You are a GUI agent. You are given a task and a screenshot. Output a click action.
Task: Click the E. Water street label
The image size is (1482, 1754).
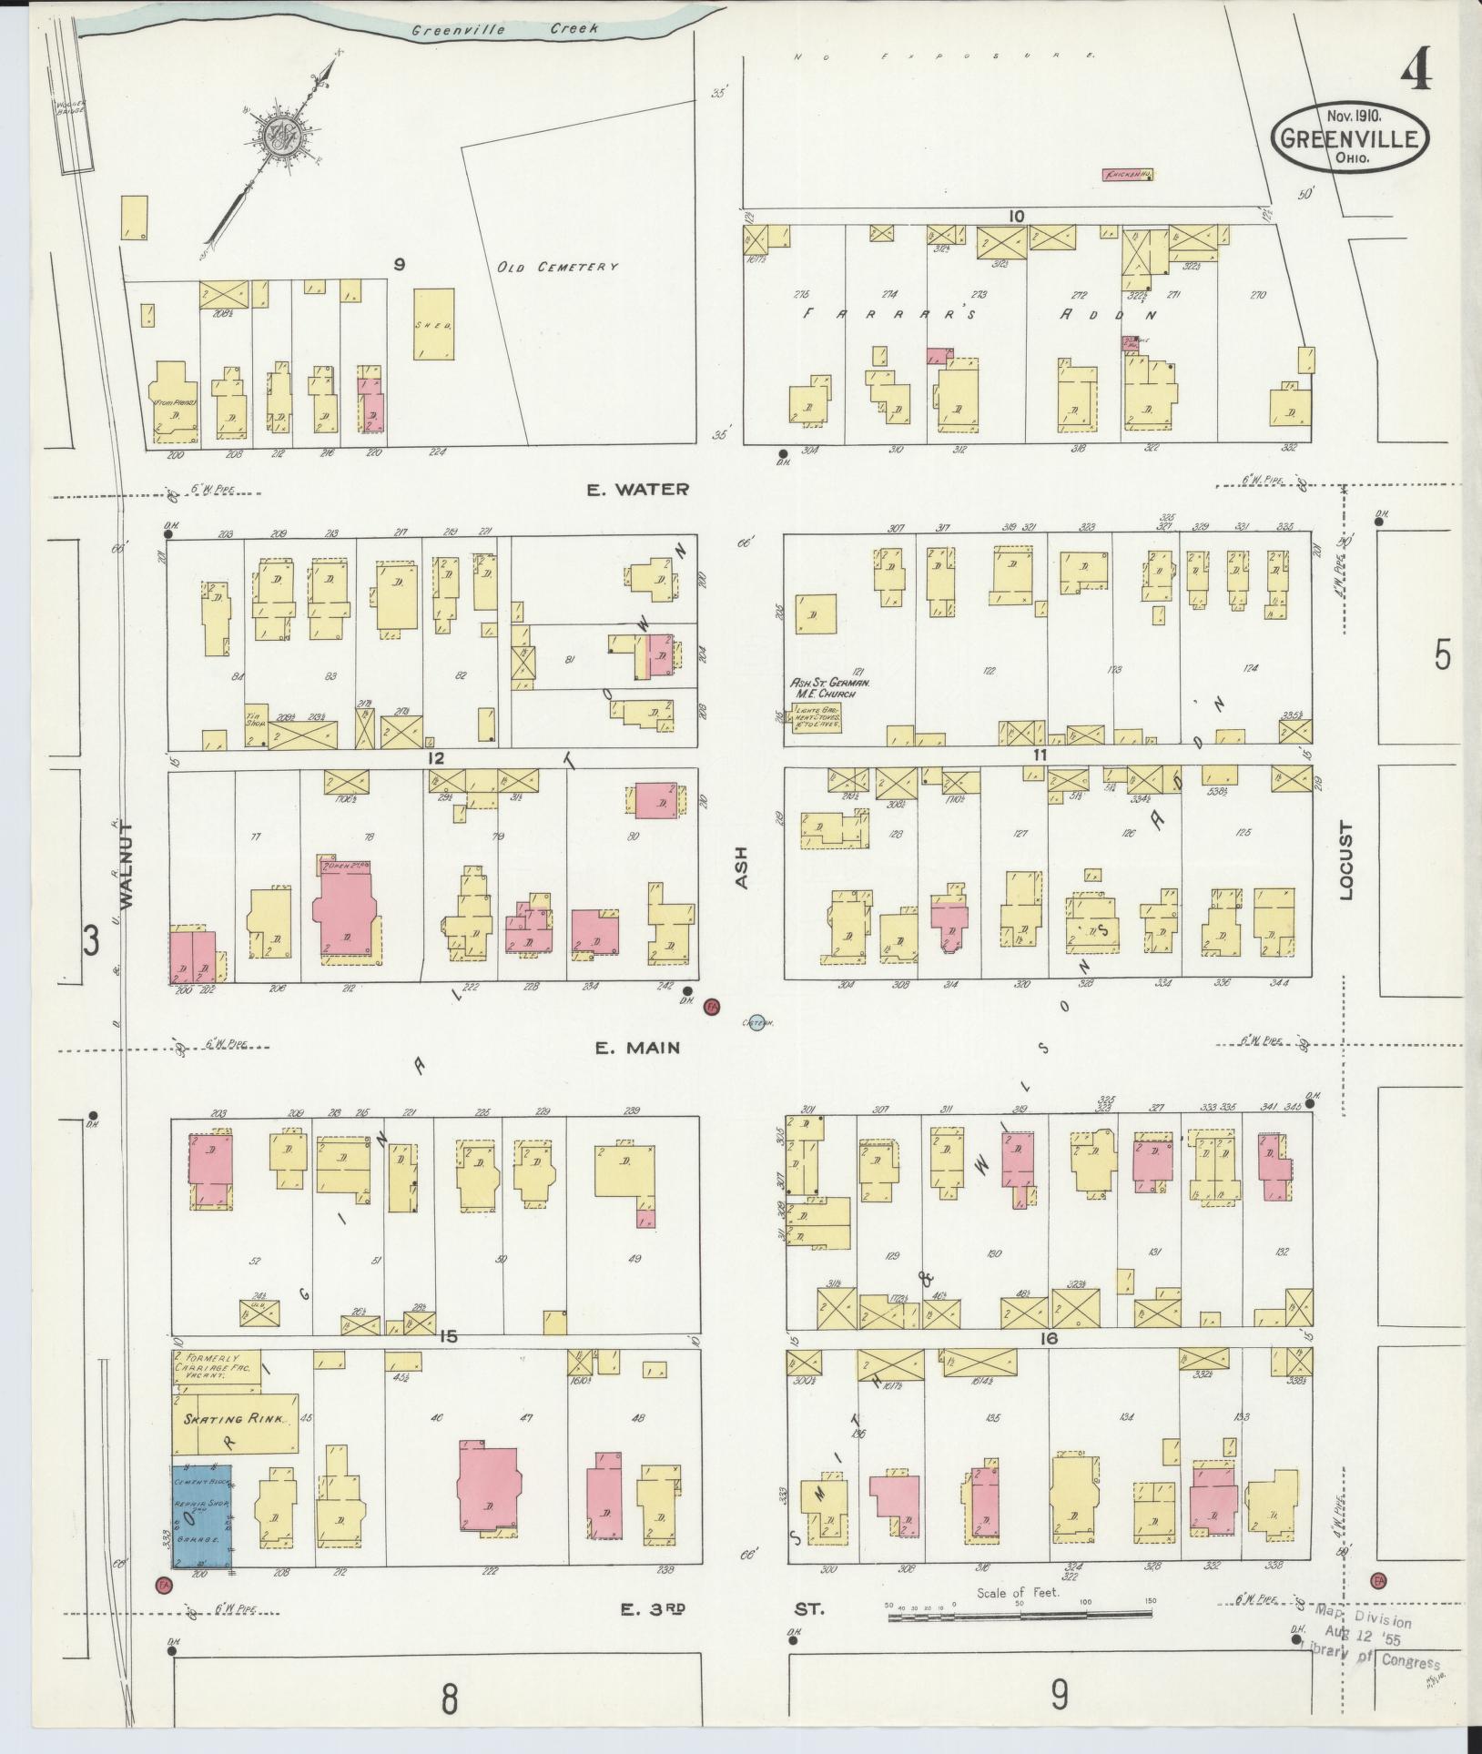click(636, 490)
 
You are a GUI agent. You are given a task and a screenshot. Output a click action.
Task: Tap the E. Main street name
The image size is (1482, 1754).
click(637, 1048)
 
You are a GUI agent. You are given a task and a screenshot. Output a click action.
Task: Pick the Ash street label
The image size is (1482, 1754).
click(740, 867)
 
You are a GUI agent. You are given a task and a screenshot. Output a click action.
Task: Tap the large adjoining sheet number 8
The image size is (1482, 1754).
click(449, 1696)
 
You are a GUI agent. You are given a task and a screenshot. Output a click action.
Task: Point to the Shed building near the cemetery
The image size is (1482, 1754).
click(434, 325)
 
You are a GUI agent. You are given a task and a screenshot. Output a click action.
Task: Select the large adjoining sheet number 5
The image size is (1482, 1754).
click(1442, 656)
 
